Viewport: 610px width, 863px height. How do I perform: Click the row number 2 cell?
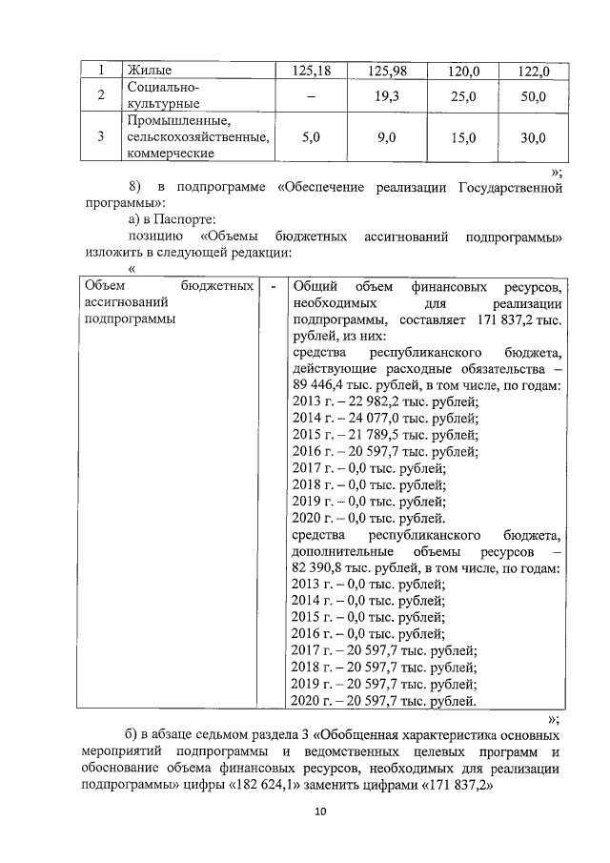point(99,96)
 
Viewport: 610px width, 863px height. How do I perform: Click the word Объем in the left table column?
point(105,285)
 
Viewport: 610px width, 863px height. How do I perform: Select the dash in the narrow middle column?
point(274,285)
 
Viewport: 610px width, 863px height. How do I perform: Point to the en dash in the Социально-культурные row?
point(308,97)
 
